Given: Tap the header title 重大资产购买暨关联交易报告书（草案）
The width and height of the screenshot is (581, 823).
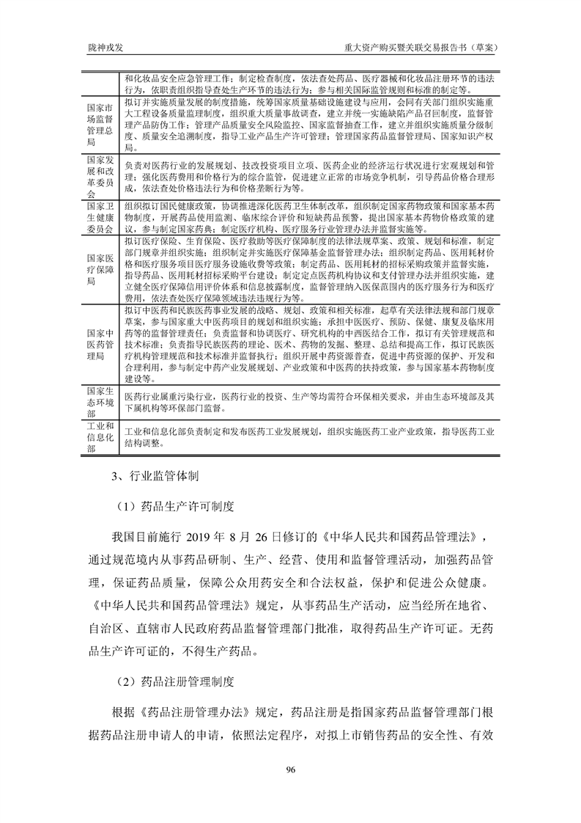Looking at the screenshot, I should coord(421,45).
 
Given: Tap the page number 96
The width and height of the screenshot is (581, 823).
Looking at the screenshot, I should coord(290,768).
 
